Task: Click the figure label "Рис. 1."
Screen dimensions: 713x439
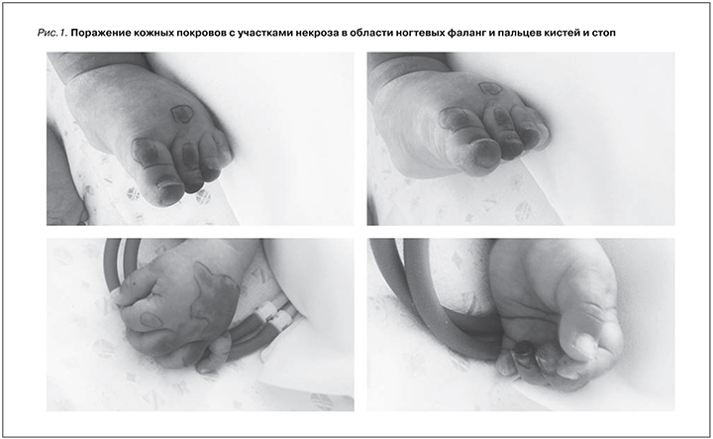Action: click(x=52, y=33)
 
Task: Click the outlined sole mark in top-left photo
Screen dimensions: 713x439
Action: click(x=182, y=114)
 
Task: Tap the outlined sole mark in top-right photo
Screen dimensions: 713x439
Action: click(x=490, y=88)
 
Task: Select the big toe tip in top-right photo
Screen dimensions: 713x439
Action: click(x=484, y=155)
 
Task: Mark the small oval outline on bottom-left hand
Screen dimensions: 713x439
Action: click(x=152, y=320)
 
